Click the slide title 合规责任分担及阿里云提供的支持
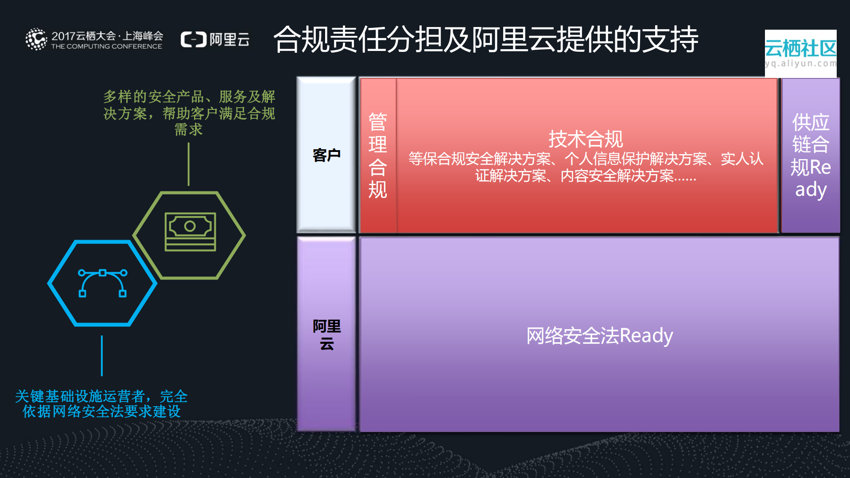[x=485, y=40]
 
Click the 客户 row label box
[x=326, y=155]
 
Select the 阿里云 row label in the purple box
[x=326, y=335]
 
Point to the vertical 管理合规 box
[x=378, y=155]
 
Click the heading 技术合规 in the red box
[x=586, y=139]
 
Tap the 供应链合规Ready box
[x=810, y=155]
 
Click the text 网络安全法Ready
[x=599, y=336]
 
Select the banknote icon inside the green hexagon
[x=190, y=232]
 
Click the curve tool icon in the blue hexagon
[x=102, y=283]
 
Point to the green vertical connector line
[x=189, y=164]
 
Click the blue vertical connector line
[x=102, y=356]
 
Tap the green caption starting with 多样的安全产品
[x=189, y=113]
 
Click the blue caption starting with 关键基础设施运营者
[x=101, y=404]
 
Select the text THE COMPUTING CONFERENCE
[x=106, y=47]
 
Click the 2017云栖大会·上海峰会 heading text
[x=107, y=36]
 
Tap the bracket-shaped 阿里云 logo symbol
[x=194, y=40]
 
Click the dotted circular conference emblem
[x=36, y=39]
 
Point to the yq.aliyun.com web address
[x=800, y=64]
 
